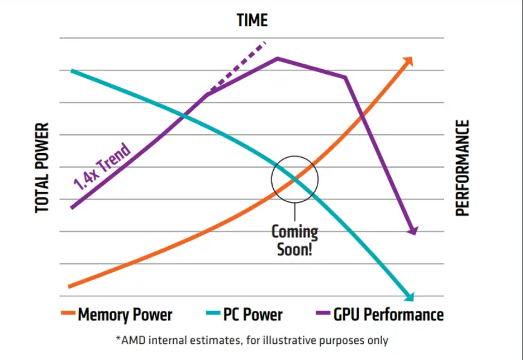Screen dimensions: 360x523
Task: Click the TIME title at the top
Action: click(x=252, y=21)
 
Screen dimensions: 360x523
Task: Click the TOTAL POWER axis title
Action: click(x=42, y=168)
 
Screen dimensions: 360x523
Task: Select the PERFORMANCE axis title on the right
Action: click(x=463, y=168)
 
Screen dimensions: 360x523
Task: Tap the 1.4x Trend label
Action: click(x=102, y=167)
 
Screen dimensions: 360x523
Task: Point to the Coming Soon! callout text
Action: click(x=294, y=240)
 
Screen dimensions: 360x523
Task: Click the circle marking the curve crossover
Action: click(x=294, y=179)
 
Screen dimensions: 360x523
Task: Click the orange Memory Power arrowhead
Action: click(x=408, y=60)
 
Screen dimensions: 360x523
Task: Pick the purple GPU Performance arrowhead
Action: click(x=413, y=230)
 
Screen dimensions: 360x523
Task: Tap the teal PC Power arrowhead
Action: click(x=410, y=296)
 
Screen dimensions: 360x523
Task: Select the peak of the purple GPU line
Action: click(x=277, y=58)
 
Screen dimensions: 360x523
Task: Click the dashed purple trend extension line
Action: click(x=237, y=67)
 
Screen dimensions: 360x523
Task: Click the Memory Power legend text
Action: click(x=125, y=315)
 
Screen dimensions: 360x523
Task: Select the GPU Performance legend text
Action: click(x=388, y=315)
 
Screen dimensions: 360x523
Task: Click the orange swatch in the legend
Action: click(x=68, y=315)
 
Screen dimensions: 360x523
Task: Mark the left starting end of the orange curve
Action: click(x=70, y=286)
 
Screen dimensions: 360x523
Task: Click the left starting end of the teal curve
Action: click(x=72, y=71)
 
